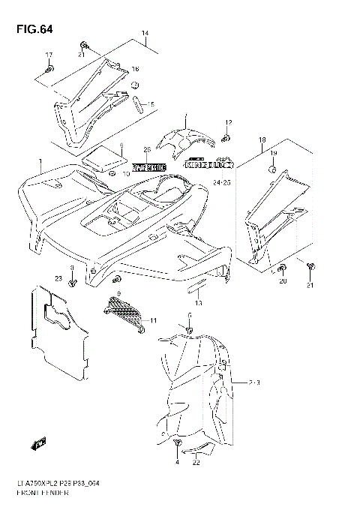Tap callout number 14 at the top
point(145,34)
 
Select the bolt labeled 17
point(49,70)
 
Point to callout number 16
point(136,69)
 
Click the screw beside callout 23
point(72,282)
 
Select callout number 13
point(198,302)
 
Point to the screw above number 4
point(177,448)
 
